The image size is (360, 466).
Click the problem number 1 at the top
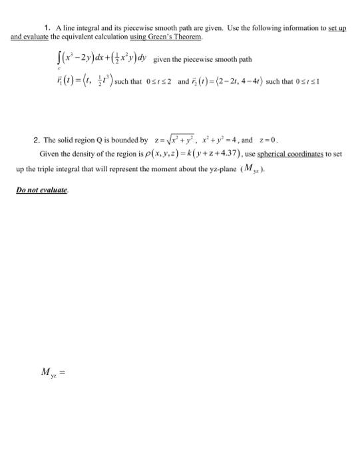pyautogui.click(x=47, y=27)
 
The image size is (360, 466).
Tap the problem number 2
pyautogui.click(x=35, y=141)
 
